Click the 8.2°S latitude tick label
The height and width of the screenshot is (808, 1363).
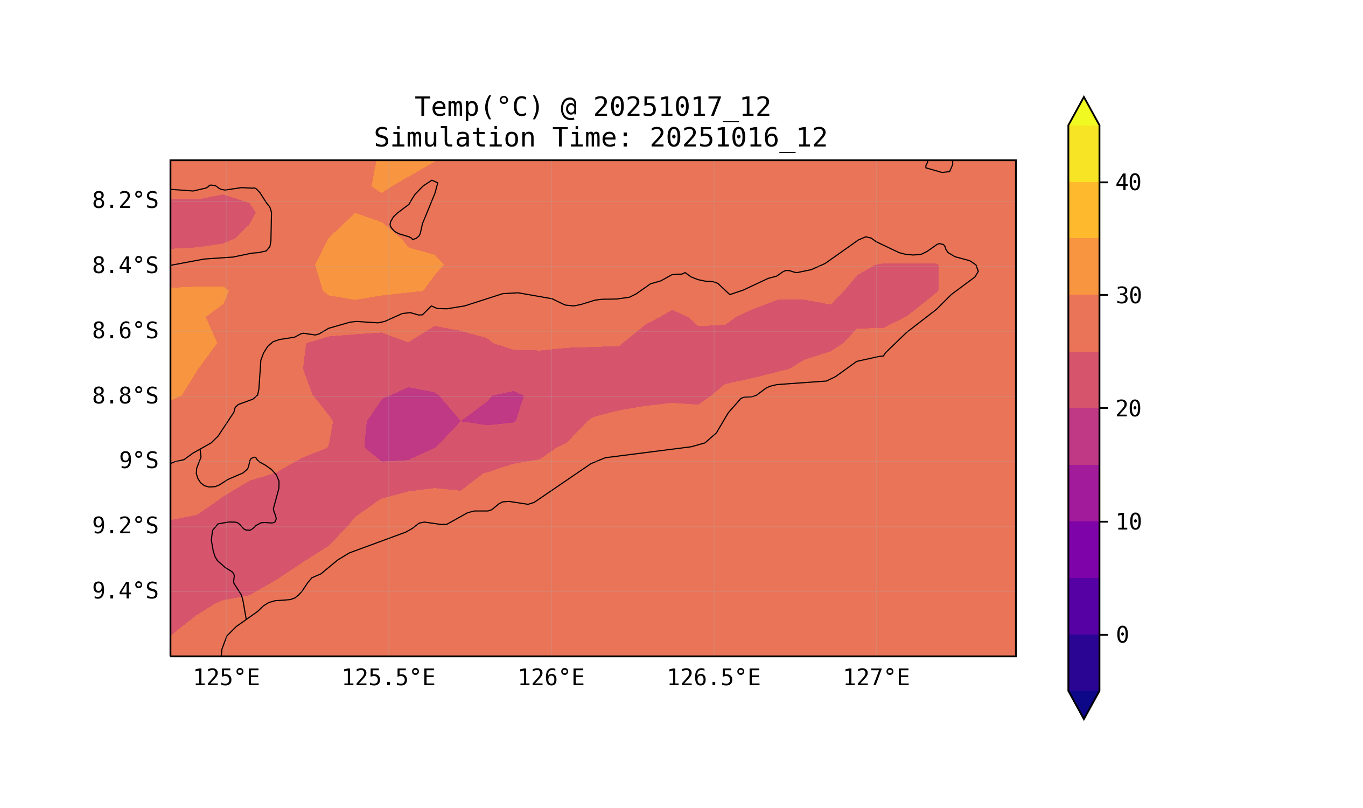124,201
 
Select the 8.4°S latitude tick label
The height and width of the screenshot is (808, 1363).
124,266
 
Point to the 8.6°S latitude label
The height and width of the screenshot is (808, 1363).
124,331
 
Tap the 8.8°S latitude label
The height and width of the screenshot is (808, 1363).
124,396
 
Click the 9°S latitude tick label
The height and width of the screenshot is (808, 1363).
138,461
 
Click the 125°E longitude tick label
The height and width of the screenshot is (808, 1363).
226,678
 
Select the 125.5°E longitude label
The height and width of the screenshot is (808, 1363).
388,678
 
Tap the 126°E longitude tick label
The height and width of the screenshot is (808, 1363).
551,678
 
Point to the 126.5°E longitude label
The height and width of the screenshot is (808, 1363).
714,678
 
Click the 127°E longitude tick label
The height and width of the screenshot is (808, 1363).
876,678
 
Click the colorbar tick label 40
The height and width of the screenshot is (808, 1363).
1128,183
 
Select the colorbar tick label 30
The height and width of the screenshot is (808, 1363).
1128,296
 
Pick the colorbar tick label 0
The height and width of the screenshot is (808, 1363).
1122,636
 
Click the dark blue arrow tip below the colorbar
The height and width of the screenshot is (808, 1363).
1084,703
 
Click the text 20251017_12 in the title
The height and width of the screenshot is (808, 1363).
682,107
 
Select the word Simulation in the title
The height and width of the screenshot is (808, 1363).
455,138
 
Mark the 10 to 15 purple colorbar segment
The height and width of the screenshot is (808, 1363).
1084,493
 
